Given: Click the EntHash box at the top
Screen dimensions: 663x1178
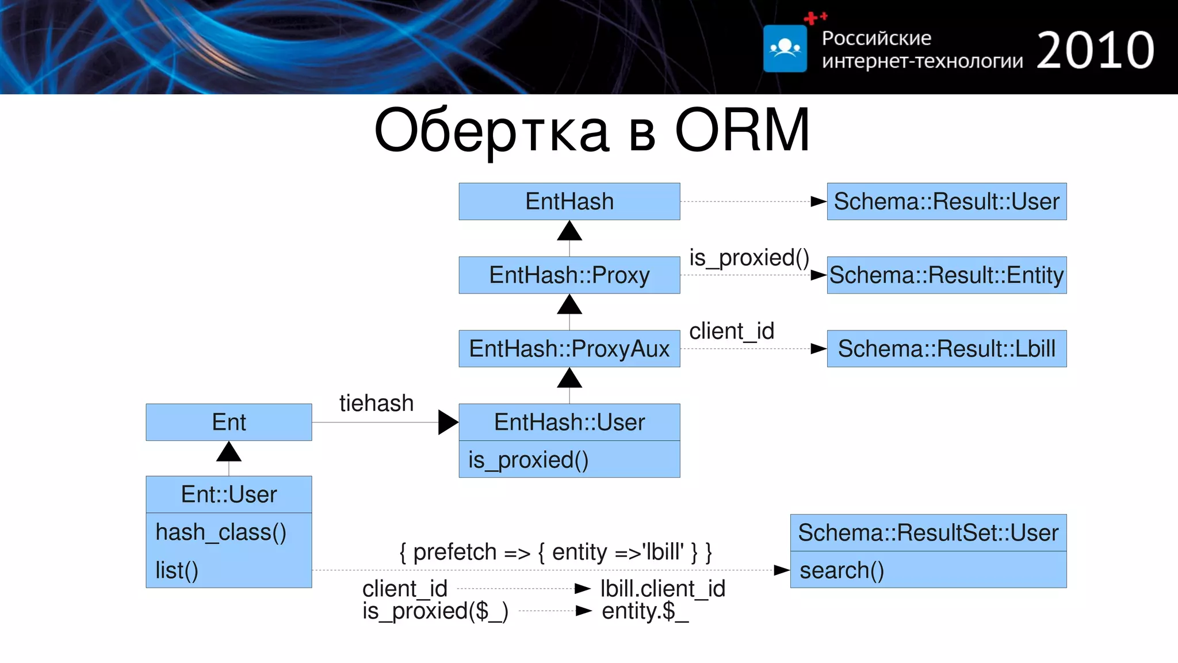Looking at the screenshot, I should click(x=569, y=201).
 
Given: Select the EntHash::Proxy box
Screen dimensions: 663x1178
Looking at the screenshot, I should click(x=569, y=275).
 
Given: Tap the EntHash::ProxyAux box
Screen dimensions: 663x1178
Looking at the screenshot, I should click(x=569, y=349).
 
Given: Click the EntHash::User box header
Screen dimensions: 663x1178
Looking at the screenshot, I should click(x=569, y=422).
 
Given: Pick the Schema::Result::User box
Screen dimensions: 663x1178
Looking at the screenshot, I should click(x=946, y=201).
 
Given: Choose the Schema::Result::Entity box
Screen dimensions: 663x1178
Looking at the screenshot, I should click(x=946, y=275).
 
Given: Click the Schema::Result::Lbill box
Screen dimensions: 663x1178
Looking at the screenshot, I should click(x=946, y=349).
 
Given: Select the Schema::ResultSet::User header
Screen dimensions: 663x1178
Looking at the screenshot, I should click(x=928, y=533).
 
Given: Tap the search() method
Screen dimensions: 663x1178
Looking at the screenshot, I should click(x=842, y=570).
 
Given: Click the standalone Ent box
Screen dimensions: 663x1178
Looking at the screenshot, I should click(x=228, y=422).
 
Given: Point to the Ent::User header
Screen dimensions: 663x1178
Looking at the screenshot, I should click(x=228, y=494).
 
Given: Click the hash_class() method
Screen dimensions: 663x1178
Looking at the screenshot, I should click(x=221, y=532).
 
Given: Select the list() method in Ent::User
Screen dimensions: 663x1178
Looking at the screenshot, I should click(x=177, y=570).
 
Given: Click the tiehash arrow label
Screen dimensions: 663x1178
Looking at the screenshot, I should click(x=376, y=403).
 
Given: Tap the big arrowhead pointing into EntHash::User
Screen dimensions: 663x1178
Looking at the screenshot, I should click(x=448, y=422).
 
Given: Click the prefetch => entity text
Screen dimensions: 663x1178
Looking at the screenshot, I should click(x=555, y=552).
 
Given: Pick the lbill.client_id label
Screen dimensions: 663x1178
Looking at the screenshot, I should click(x=663, y=589).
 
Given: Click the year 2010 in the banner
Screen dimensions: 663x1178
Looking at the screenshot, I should click(x=1095, y=51).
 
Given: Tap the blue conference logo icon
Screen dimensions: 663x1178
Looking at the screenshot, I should click(x=785, y=48).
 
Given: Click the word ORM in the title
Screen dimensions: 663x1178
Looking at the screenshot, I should click(x=742, y=131).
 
